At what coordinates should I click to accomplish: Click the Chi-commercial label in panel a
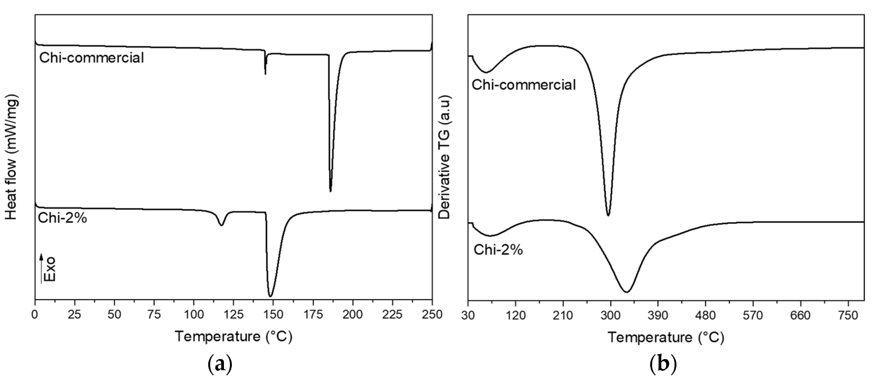pyautogui.click(x=91, y=58)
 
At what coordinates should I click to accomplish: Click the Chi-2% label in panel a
pyautogui.click(x=63, y=218)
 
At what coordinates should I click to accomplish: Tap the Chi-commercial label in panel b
pyautogui.click(x=524, y=85)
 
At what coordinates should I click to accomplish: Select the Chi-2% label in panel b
pyautogui.click(x=498, y=250)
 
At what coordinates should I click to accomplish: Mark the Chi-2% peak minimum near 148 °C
pyautogui.click(x=270, y=296)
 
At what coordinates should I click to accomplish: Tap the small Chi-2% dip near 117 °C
pyautogui.click(x=221, y=225)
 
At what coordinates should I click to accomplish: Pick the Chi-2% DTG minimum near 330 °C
pyautogui.click(x=626, y=292)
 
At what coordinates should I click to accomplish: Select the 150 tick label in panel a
pyautogui.click(x=273, y=315)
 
